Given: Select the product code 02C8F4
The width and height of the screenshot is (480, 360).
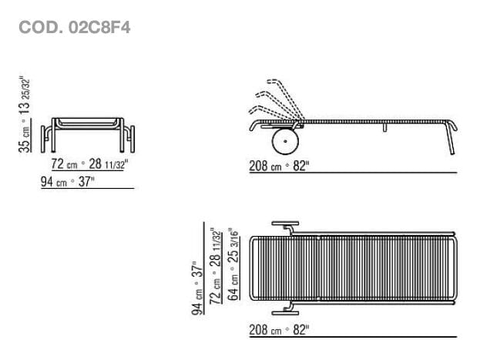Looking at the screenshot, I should (98, 28).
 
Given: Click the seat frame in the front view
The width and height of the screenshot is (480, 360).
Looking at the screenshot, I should (89, 123).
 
